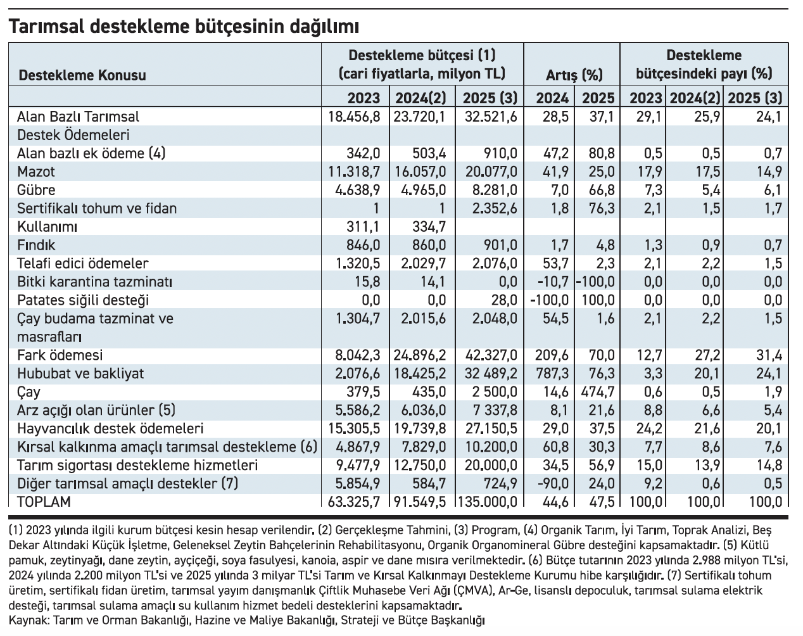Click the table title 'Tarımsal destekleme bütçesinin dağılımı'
tap(184, 26)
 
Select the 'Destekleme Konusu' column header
tap(83, 75)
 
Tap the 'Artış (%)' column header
tap(574, 75)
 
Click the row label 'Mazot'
tap(36, 172)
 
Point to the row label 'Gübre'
tap(37, 190)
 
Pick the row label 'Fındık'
tap(37, 245)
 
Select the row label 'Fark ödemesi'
tap(60, 355)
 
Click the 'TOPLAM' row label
tap(44, 502)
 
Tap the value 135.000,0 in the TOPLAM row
tap(488, 502)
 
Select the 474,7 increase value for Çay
tap(598, 392)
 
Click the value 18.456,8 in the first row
tap(355, 117)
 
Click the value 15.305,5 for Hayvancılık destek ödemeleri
tap(355, 429)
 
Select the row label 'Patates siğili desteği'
tap(83, 300)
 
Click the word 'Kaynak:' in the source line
tap(29, 620)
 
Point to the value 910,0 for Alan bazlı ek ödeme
tap(500, 153)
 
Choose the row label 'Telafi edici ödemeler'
tap(83, 264)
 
